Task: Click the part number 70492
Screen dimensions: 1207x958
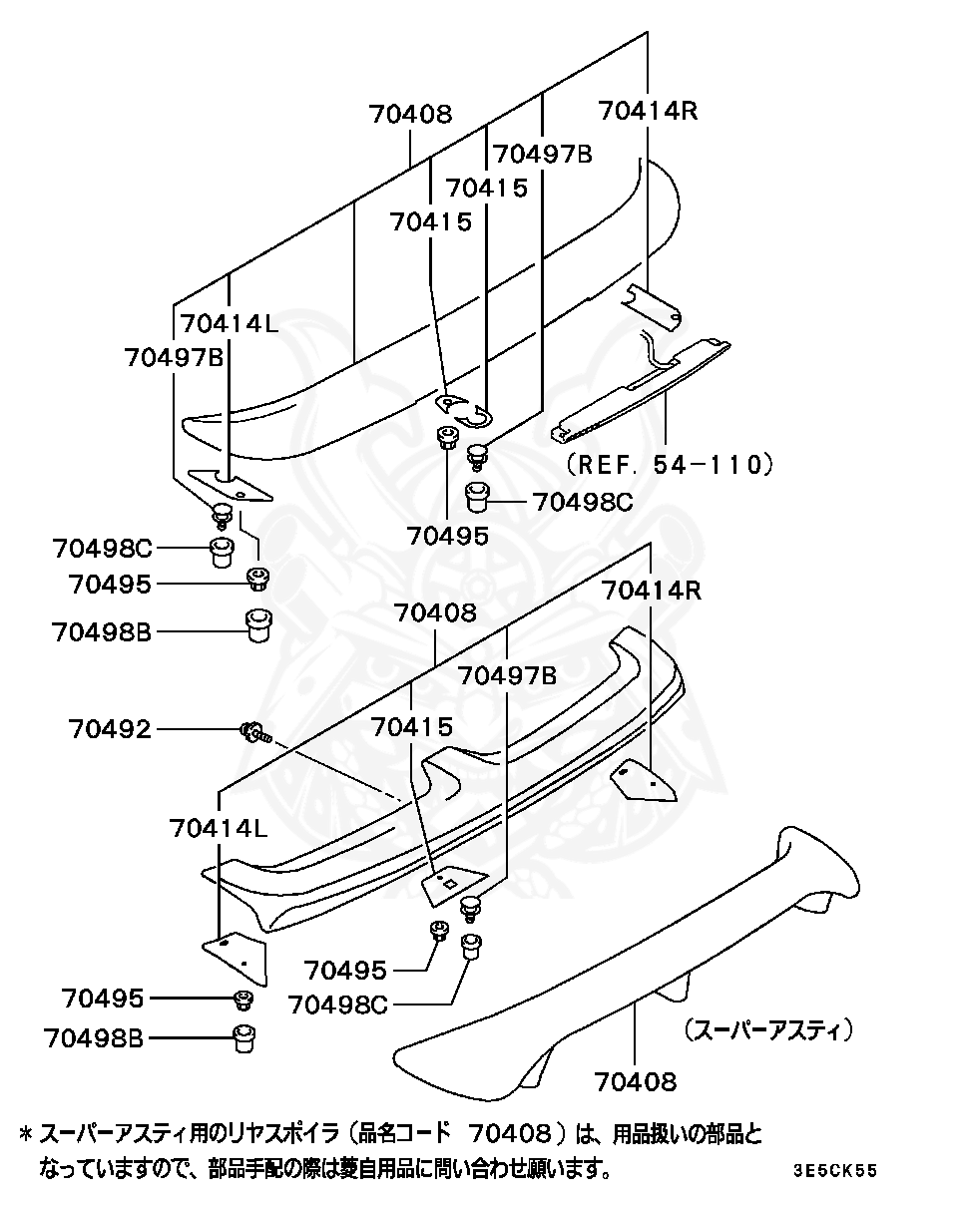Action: click(x=110, y=729)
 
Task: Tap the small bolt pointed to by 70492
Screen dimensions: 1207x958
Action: click(x=253, y=734)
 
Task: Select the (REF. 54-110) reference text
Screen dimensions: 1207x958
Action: click(x=670, y=463)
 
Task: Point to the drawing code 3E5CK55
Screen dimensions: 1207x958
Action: click(x=836, y=1170)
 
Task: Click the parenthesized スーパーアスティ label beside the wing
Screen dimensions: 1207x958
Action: click(x=768, y=1028)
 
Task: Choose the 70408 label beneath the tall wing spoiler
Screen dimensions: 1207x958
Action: click(x=636, y=1080)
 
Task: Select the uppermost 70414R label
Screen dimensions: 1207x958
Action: click(x=648, y=111)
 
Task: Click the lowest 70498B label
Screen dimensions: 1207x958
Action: click(x=94, y=1038)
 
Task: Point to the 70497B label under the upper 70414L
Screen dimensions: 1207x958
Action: click(x=175, y=356)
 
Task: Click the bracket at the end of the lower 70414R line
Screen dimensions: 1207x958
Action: click(x=645, y=781)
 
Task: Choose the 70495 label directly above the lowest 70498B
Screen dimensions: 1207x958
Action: click(x=102, y=998)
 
